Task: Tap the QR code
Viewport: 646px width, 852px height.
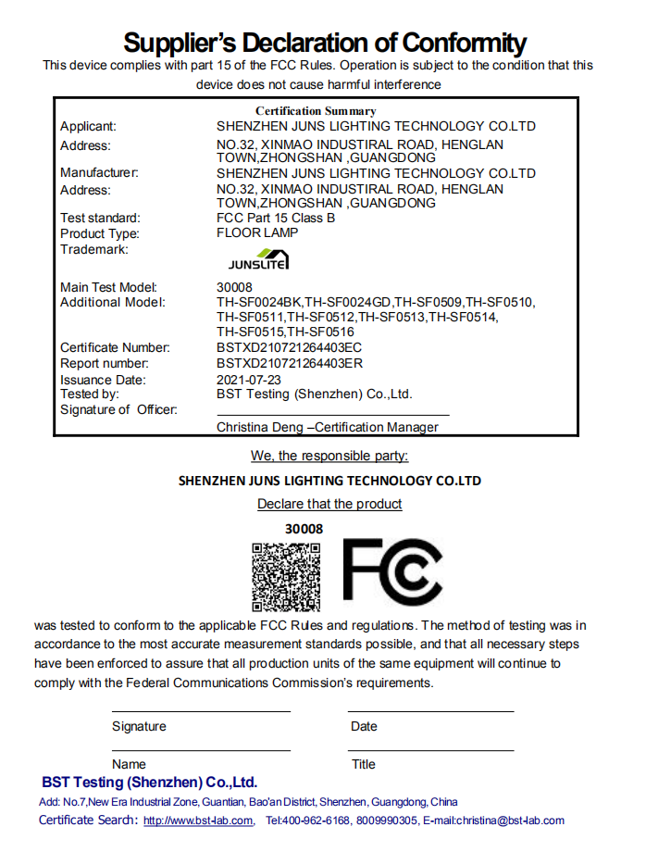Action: click(286, 577)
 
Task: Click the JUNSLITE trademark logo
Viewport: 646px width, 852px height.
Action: click(258, 261)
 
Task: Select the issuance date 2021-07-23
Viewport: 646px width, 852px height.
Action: click(248, 380)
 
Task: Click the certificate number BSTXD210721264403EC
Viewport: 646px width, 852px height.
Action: click(289, 348)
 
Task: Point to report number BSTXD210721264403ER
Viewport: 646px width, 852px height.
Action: click(289, 364)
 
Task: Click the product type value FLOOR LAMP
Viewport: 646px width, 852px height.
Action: click(257, 233)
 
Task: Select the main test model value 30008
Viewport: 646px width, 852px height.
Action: click(234, 288)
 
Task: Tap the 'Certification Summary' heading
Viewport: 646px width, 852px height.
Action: click(316, 111)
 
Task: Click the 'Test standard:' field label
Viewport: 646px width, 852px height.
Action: click(100, 219)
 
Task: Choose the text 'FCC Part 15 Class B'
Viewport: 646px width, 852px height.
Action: click(275, 219)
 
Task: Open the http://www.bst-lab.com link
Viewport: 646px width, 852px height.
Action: click(198, 821)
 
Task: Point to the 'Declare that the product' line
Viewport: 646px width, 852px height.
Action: click(329, 505)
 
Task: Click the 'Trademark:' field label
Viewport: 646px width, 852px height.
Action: click(93, 249)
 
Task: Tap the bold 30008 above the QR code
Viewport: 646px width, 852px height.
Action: click(304, 529)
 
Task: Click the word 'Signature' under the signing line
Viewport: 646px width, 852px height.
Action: click(139, 727)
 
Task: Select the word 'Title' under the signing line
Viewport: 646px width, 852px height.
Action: click(363, 765)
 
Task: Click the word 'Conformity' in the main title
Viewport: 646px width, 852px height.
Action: click(458, 43)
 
